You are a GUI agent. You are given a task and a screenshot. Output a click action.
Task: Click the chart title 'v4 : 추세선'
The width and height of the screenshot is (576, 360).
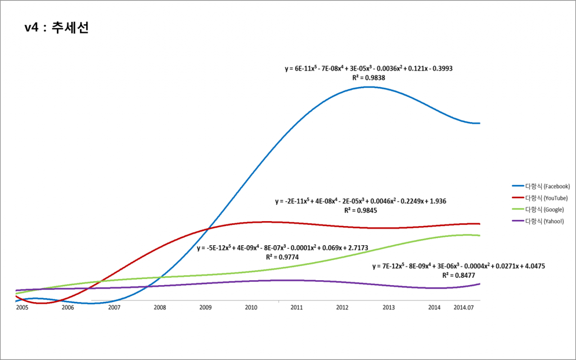coord(57,28)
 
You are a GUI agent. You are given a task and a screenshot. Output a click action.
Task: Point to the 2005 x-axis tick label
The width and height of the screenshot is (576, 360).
coord(22,308)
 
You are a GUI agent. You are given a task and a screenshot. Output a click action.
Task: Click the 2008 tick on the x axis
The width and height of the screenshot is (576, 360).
coord(160,308)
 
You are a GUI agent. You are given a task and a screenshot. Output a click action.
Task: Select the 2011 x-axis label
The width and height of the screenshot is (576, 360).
coord(297,308)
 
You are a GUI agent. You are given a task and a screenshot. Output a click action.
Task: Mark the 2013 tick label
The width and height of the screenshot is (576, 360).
coord(389,308)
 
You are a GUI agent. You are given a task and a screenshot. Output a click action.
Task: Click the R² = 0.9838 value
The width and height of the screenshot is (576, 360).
coord(368,78)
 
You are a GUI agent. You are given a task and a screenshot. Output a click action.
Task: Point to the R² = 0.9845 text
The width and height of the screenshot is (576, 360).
coord(361,210)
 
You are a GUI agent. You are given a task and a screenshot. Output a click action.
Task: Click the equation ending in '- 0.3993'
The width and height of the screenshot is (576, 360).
coord(368,68)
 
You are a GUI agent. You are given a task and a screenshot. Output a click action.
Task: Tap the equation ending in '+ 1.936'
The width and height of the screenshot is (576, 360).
coord(361,201)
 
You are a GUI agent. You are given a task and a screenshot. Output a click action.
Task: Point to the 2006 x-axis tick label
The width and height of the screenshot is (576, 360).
coord(67,308)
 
